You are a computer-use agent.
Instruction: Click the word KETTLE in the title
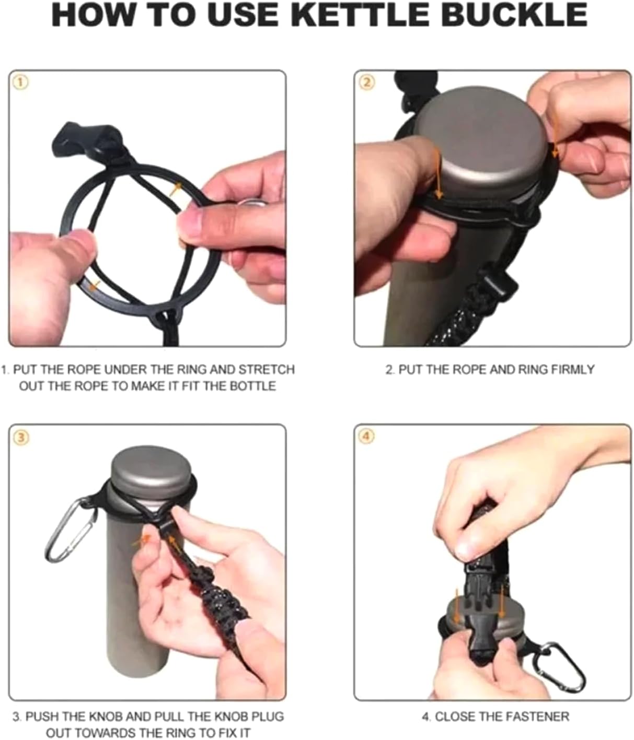[362, 15]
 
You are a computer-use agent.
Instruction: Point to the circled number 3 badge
[20, 438]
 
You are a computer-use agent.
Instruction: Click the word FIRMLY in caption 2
[572, 369]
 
